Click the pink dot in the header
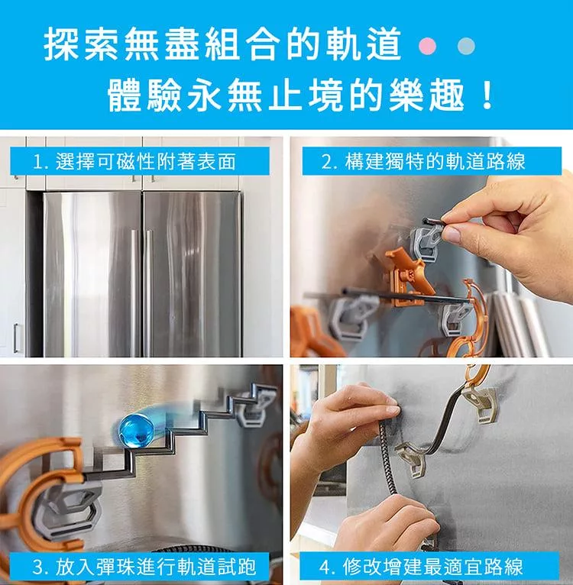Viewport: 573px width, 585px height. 428,46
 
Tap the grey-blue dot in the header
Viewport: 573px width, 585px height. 466,46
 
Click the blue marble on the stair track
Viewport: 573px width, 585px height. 136,431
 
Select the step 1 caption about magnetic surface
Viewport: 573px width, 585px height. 140,161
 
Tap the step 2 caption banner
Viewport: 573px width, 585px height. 432,161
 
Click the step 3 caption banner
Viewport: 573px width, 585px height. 140,567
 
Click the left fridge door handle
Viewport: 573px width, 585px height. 133,292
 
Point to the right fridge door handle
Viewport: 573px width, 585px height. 149,292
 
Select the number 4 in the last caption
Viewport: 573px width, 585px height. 325,567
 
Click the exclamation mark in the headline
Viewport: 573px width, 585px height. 487,96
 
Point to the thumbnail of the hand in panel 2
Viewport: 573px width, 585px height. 452,234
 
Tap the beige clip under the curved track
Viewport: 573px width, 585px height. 413,461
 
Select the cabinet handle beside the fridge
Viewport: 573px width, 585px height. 16,338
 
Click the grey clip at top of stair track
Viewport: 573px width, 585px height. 254,406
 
